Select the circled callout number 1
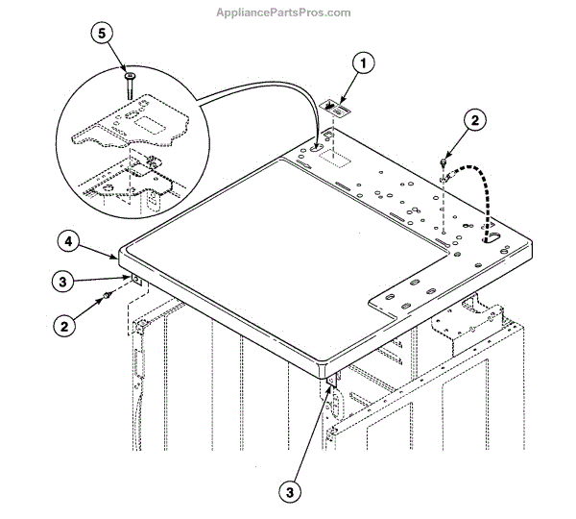(361, 65)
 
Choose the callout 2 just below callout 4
(64, 326)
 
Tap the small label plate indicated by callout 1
(335, 108)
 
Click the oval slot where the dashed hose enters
(492, 239)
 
